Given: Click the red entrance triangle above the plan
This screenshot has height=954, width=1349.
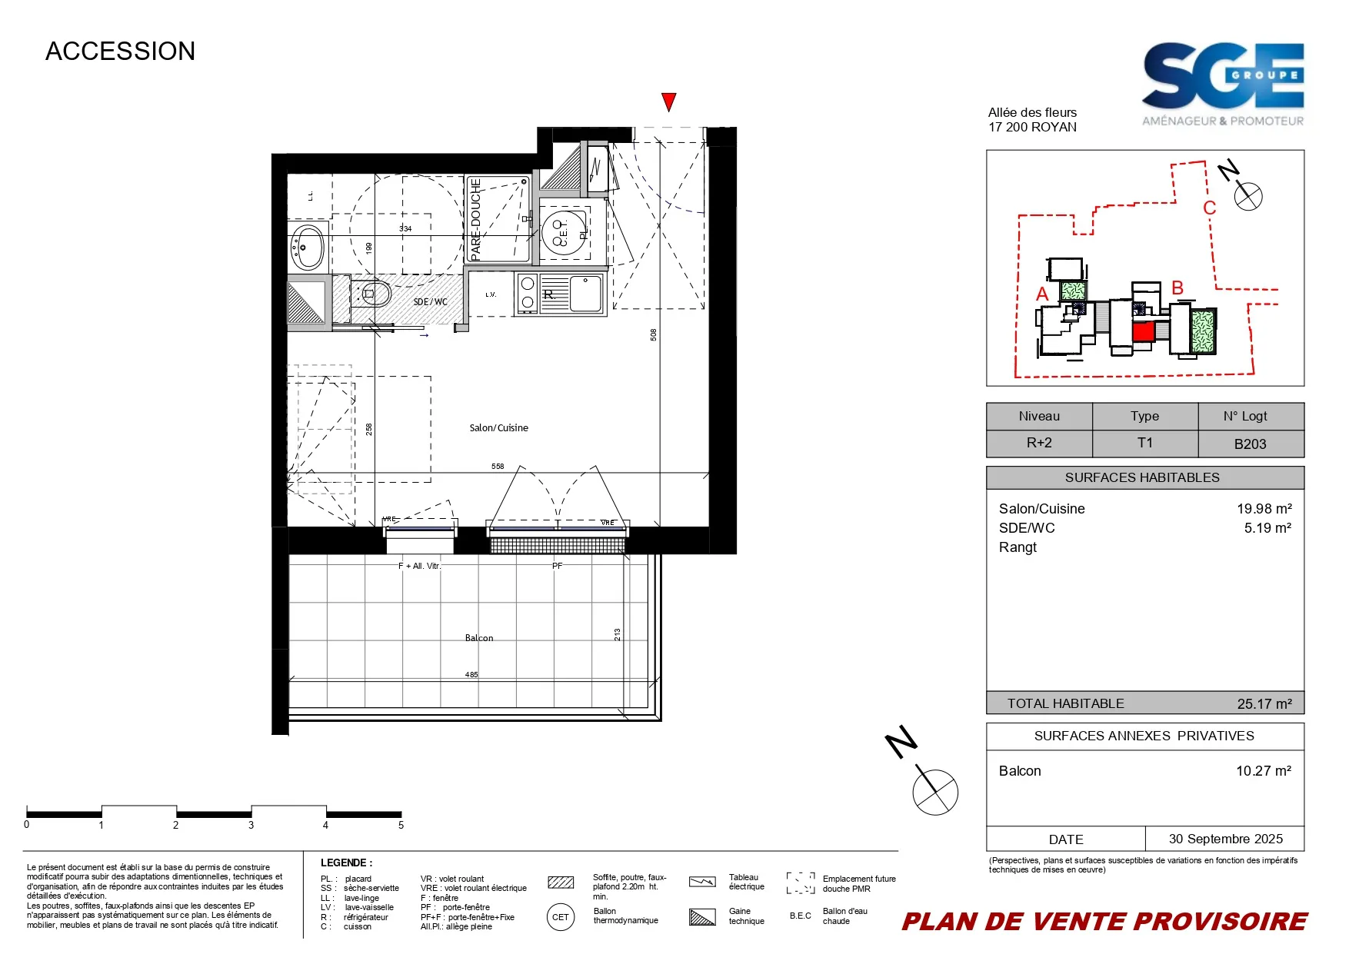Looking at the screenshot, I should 668,101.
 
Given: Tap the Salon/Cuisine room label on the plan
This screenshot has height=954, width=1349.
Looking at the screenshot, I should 498,428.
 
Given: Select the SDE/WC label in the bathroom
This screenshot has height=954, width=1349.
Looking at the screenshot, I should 430,302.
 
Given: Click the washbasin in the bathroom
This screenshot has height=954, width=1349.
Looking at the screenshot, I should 308,247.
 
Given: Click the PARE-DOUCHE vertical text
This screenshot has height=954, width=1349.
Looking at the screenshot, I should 475,219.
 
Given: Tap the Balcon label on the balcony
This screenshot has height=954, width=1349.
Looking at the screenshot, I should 479,638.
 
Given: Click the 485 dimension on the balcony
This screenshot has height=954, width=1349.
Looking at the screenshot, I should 471,675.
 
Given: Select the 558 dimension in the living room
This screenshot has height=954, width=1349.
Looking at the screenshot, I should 498,467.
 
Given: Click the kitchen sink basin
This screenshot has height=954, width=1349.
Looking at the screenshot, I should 586,294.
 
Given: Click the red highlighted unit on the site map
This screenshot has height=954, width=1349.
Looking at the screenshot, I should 1143,331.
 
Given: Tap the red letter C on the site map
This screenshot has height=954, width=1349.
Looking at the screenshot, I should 1209,208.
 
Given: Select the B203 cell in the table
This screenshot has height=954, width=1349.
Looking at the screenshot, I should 1250,444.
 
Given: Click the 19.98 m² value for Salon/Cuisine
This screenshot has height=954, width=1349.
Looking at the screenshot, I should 1264,509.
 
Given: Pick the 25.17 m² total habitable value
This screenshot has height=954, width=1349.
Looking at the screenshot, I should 1264,703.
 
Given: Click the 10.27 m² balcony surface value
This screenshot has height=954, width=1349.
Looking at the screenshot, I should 1263,771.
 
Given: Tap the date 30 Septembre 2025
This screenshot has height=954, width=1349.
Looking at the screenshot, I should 1225,839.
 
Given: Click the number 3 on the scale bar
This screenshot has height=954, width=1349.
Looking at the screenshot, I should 251,825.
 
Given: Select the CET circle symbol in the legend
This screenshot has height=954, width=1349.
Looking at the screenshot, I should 561,917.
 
